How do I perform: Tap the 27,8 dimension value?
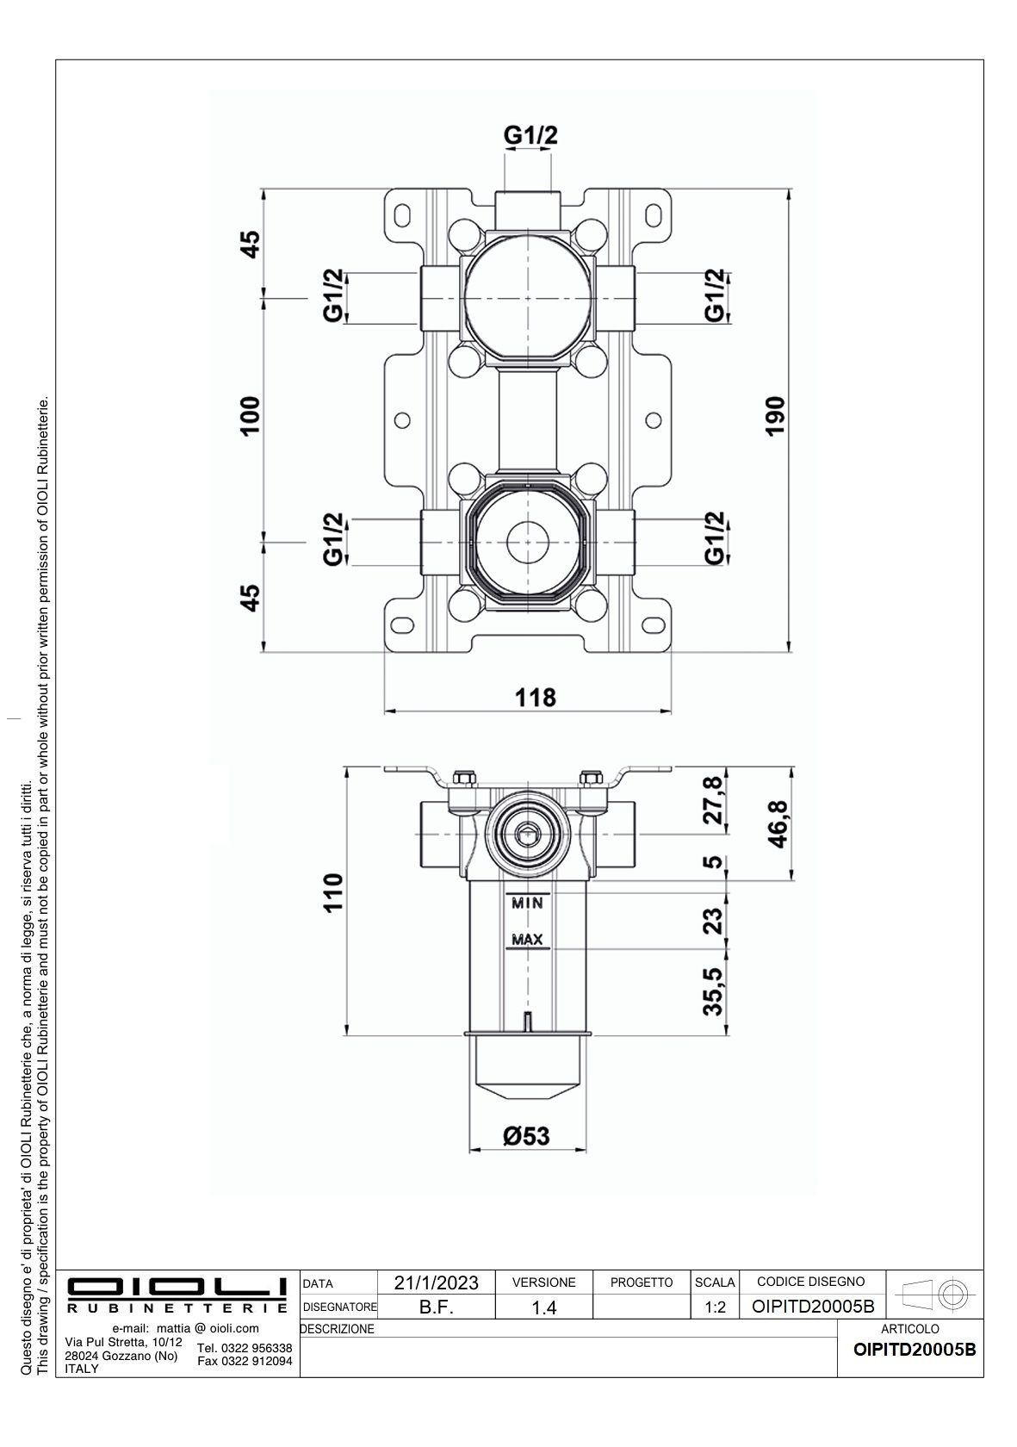pos(713,801)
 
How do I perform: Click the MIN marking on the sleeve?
pos(527,903)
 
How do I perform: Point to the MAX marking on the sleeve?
pos(527,939)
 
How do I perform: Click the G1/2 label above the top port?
pos(530,135)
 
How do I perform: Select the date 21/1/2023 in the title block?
pos(436,1282)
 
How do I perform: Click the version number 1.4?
pos(543,1307)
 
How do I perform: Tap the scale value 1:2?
pos(715,1307)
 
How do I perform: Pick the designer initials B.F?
pos(436,1307)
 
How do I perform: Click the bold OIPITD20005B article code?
pos(915,1349)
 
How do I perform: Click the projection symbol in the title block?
pos(933,1293)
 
